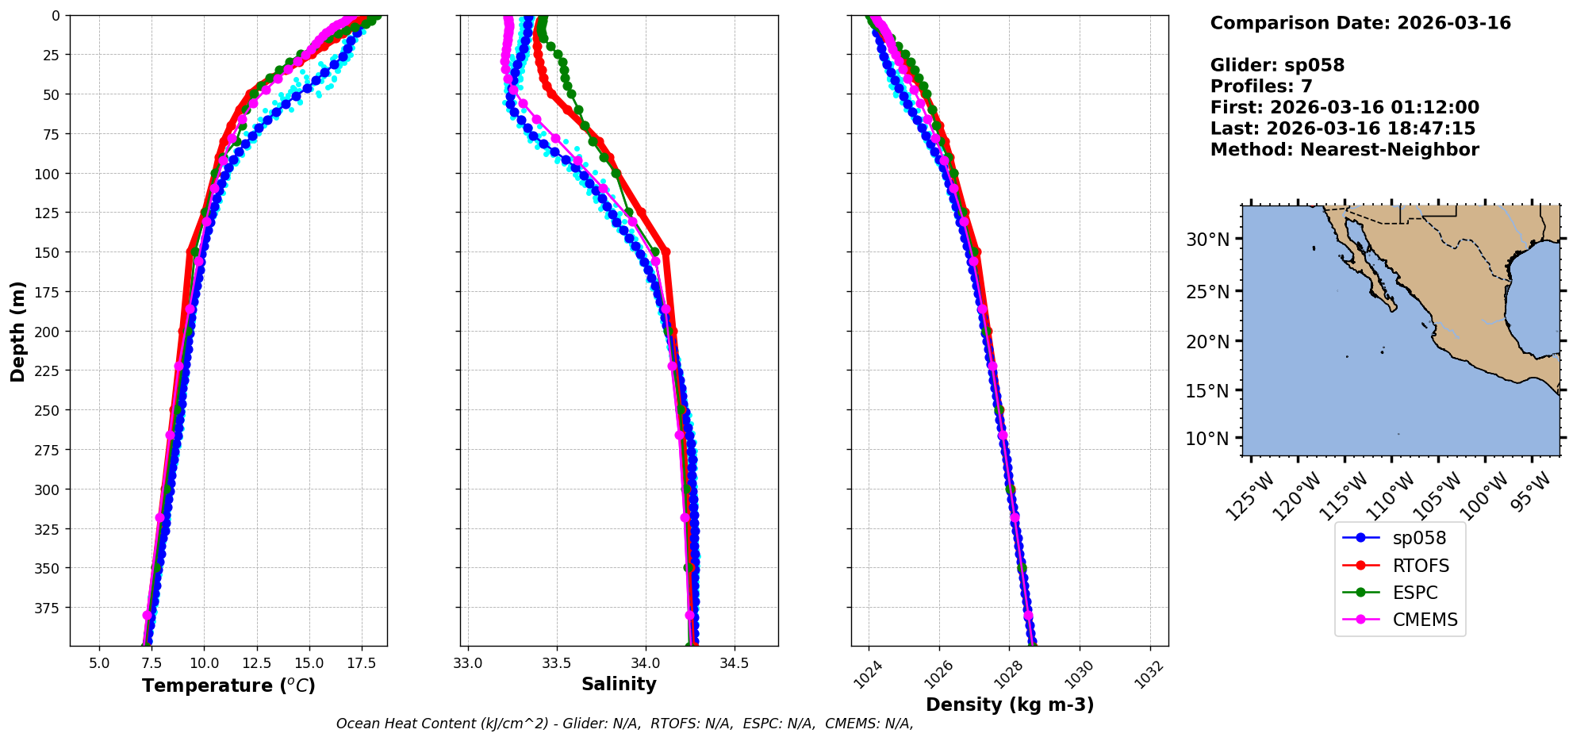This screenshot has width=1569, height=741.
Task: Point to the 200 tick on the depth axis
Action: [48, 332]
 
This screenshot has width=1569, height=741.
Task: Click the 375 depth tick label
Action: [48, 608]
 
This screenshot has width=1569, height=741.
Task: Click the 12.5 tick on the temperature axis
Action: [256, 662]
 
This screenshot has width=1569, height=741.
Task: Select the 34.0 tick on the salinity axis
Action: [645, 662]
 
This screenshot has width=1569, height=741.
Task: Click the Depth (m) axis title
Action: [18, 331]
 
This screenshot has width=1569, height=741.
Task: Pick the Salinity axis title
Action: [619, 685]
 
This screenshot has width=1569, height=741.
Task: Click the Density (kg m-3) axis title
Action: [1010, 705]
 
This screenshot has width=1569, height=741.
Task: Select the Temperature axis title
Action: [228, 685]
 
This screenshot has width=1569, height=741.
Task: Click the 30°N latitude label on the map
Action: [1207, 240]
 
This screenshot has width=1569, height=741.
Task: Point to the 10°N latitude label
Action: [1207, 439]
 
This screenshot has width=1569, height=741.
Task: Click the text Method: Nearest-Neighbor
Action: [1345, 150]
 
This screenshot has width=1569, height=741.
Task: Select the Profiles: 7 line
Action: [1261, 86]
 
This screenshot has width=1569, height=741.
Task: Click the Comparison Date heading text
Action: [1360, 23]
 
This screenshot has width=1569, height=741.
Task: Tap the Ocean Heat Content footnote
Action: [624, 724]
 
